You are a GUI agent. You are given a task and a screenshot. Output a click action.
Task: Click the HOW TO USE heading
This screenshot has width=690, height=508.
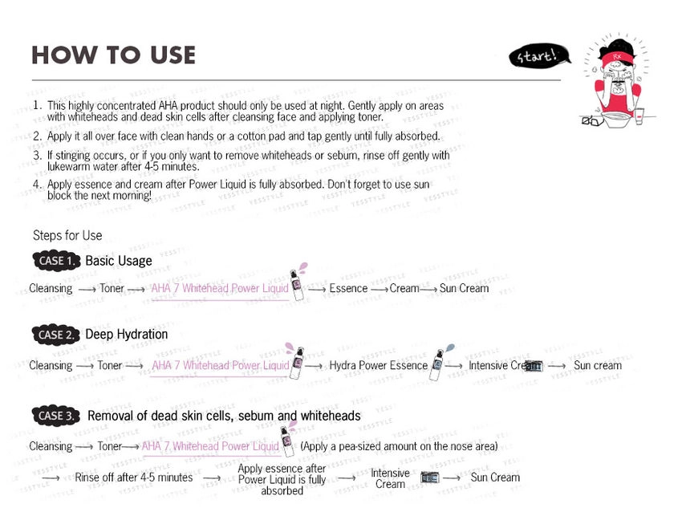tap(113, 55)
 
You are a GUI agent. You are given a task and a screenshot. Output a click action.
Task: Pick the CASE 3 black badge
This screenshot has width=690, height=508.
tap(57, 416)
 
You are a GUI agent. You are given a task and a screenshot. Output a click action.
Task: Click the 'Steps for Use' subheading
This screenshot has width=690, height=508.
tap(67, 235)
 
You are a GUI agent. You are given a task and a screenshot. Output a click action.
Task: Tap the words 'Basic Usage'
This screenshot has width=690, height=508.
tap(119, 261)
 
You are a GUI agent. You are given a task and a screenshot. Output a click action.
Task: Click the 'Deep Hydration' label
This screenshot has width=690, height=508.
tap(127, 335)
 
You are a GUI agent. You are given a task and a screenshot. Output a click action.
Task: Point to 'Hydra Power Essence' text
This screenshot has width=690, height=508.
tap(378, 365)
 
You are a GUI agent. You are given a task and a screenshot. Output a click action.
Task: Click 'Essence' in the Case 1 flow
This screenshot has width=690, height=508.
tap(348, 288)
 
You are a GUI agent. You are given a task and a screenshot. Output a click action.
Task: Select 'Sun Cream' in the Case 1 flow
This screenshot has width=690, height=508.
tap(464, 288)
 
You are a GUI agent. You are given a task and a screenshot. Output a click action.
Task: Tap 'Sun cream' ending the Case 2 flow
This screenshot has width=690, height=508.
tap(597, 365)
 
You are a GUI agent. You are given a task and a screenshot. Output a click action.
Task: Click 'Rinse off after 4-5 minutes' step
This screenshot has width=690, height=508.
tap(134, 478)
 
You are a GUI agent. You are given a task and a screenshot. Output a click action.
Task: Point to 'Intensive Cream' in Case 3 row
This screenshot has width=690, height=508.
tap(390, 478)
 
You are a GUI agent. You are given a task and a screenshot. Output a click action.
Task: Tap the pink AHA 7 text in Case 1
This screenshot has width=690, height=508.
tap(220, 288)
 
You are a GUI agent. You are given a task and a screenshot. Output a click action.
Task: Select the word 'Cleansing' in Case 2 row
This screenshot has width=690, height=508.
tap(51, 365)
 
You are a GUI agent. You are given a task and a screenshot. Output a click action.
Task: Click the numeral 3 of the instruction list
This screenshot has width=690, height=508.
tap(37, 155)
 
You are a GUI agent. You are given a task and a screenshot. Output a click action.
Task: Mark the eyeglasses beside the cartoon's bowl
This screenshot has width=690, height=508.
tap(592, 121)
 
